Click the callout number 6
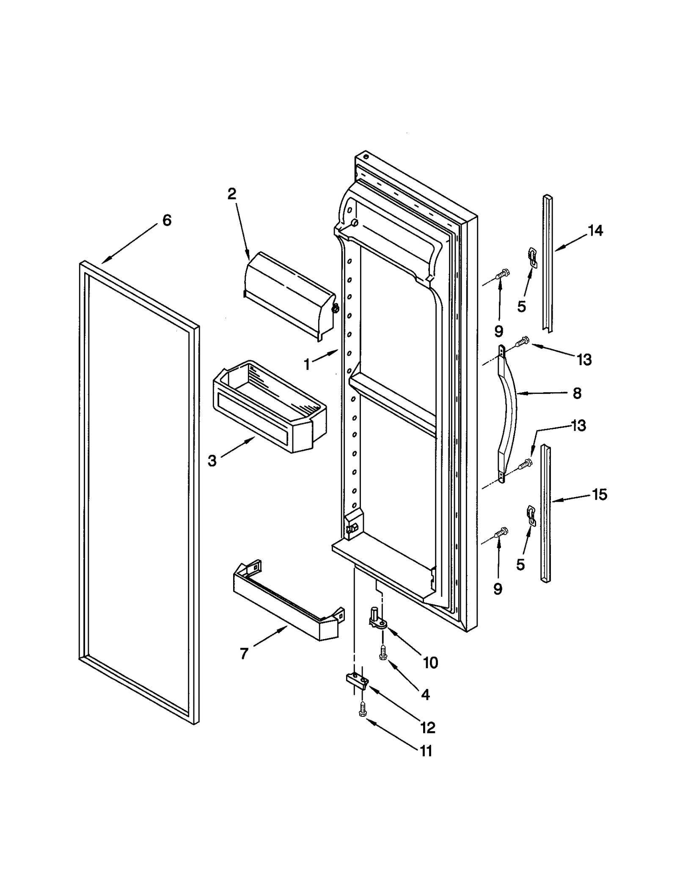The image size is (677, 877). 167,220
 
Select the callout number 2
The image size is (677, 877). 231,194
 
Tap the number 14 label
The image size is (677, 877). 595,231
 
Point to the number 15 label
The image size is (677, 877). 600,494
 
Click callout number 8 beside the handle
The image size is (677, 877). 577,393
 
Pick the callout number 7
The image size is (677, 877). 244,653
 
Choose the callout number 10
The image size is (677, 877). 430,663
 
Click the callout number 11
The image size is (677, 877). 426,751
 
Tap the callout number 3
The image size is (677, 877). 212,460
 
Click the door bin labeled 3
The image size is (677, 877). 271,406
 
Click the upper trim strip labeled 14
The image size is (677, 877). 548,262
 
